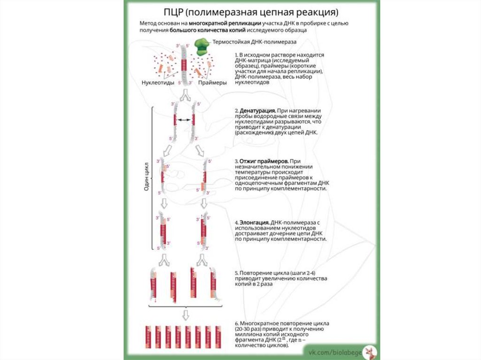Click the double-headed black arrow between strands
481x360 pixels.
[x=184, y=120]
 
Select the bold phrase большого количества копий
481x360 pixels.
[x=221, y=30]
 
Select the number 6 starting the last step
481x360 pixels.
[x=236, y=323]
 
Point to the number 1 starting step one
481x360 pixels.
[x=236, y=55]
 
